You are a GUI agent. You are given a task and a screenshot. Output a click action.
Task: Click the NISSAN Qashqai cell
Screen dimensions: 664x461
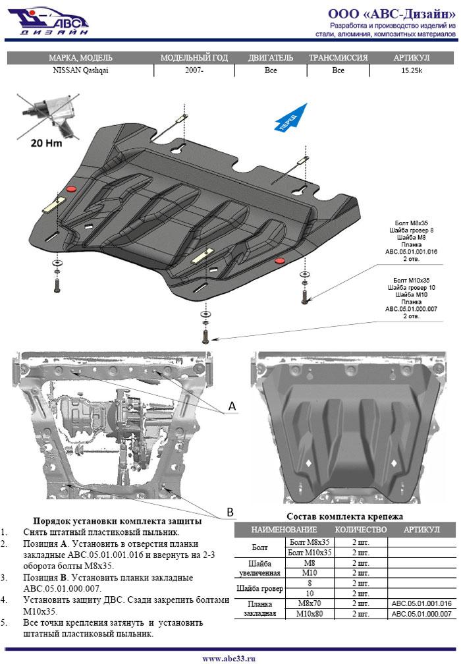click(80, 70)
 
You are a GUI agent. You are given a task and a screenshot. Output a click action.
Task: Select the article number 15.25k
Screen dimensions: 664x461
click(411, 70)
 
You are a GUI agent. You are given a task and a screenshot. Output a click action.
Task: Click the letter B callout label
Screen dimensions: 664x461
click(230, 511)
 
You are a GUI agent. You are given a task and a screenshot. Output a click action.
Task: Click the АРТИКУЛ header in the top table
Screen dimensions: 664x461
click(411, 58)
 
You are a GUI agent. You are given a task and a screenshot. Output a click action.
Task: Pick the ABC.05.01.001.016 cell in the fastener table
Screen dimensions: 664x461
click(421, 603)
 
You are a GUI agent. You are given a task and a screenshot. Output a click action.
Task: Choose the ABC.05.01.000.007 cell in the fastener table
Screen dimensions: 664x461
click(421, 614)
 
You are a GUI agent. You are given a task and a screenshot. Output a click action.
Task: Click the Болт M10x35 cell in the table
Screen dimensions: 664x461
click(308, 553)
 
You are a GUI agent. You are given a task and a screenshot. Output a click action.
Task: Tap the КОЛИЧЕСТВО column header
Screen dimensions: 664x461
click(360, 530)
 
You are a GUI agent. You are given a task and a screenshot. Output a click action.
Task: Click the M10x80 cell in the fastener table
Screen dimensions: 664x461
click(308, 614)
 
